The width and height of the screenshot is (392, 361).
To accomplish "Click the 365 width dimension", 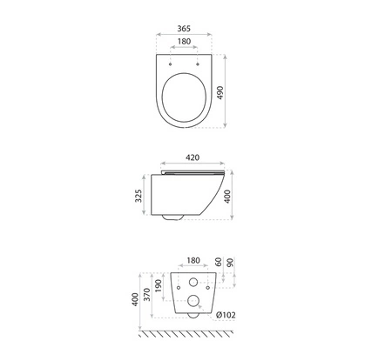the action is [x=184, y=29].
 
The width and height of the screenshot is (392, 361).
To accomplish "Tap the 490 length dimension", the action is [x=220, y=93].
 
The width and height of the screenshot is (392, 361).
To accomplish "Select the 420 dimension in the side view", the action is [x=193, y=157].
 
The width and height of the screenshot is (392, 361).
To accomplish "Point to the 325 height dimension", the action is [x=139, y=196].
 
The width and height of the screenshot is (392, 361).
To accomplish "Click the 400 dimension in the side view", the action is [x=227, y=197].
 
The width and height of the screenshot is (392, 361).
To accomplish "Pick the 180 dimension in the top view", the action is [x=184, y=42].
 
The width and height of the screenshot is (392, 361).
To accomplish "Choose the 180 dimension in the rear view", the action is [x=193, y=260].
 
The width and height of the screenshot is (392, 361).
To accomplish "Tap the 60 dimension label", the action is [x=219, y=262].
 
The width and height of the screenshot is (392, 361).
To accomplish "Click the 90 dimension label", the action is [x=230, y=263].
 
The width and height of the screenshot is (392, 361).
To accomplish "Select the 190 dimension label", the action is [x=159, y=286].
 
